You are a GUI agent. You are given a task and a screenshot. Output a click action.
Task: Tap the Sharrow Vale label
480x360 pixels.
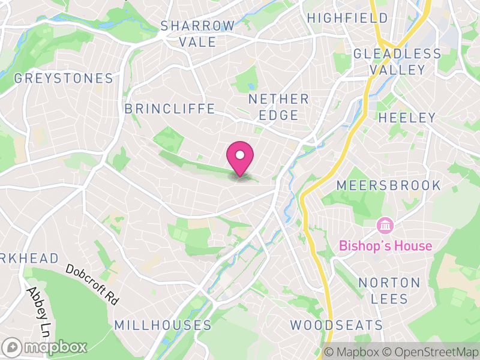click(x=198, y=34)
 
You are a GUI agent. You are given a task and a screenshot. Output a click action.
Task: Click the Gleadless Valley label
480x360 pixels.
click(x=397, y=62)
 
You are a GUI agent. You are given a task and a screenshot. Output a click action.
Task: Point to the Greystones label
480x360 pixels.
click(x=64, y=79)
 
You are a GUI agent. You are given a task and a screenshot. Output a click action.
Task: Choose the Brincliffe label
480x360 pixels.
click(x=169, y=109)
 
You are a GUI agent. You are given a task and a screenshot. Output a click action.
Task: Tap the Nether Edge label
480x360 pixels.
click(x=278, y=107)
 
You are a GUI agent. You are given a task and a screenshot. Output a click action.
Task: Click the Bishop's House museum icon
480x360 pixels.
click(x=384, y=226)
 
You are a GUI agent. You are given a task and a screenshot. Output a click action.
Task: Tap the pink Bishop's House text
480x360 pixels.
click(x=385, y=246)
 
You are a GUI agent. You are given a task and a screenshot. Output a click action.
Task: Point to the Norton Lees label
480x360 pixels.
click(x=389, y=290)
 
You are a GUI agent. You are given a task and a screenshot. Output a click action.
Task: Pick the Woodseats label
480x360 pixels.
click(x=337, y=325)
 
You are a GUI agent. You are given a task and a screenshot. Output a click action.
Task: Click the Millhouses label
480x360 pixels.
click(x=163, y=325)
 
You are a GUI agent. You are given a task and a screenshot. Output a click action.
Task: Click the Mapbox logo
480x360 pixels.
click(x=46, y=347)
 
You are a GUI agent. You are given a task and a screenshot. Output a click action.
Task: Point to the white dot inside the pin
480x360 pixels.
click(x=240, y=155)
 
